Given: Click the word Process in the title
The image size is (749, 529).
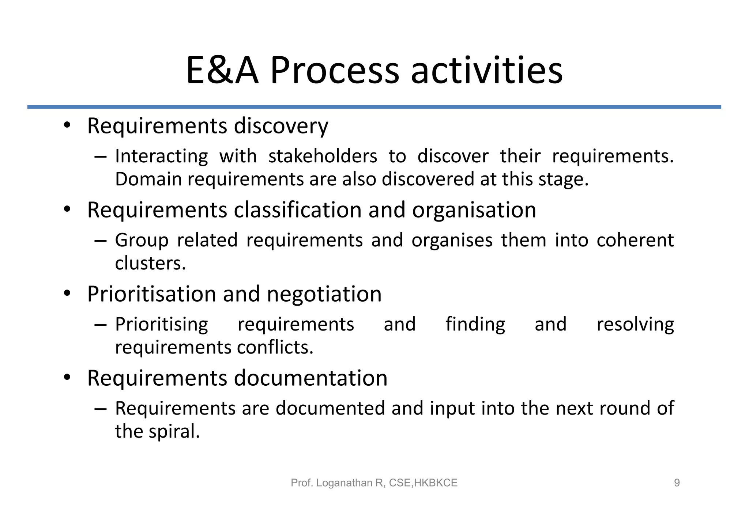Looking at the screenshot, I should (334, 70).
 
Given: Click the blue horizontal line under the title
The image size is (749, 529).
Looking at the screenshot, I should (374, 107).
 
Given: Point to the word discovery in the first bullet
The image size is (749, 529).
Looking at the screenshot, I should (281, 126).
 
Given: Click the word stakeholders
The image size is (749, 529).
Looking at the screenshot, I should (323, 156).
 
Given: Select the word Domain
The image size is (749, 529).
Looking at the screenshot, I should (148, 180).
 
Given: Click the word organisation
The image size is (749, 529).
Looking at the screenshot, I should (474, 210).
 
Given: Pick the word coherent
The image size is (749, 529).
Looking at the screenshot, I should (635, 241).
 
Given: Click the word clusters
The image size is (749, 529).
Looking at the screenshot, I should (150, 263).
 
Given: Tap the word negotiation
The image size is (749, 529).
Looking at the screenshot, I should (324, 294).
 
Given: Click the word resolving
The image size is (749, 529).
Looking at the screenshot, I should (635, 325).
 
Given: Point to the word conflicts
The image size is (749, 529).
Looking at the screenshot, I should (275, 347).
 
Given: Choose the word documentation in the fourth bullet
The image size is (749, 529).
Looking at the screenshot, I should (310, 378).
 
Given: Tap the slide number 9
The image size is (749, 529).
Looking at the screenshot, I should (677, 483).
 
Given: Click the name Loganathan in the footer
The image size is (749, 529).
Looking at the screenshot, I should (344, 483).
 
